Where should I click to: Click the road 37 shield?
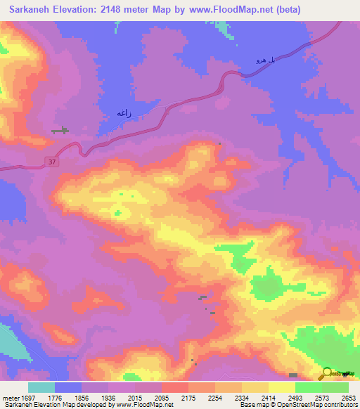(x=53, y=162)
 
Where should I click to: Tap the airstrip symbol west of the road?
(x=60, y=130)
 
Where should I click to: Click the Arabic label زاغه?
(x=124, y=112)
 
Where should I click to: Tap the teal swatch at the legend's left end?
(x=41, y=387)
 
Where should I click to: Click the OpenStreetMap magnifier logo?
(x=328, y=373)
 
